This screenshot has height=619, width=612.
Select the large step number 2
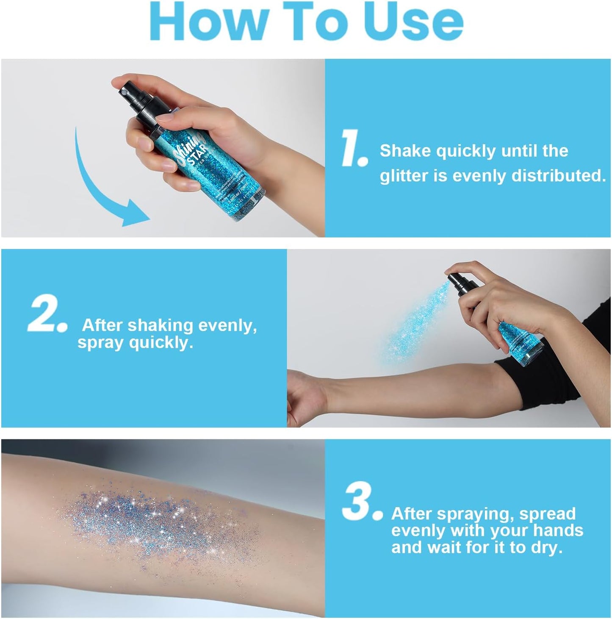coord(46,317)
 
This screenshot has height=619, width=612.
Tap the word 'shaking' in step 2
coord(161,325)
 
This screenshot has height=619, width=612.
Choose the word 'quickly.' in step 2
coord(161,342)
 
